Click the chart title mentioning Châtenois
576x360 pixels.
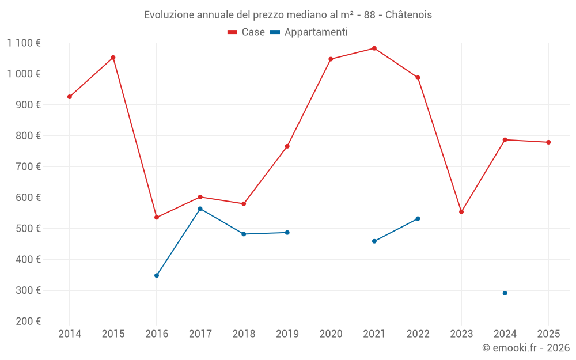287,14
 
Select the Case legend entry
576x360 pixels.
247,32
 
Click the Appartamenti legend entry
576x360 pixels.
309,32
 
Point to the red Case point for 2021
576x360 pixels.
374,48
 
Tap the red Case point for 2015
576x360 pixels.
113,58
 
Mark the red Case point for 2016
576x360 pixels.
157,217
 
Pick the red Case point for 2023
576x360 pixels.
461,212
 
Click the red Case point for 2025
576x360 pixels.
548,142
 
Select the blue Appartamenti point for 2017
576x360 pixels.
200,209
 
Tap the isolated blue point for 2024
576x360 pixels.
505,293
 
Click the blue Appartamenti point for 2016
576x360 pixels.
157,275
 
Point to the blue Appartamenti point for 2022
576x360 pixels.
418,219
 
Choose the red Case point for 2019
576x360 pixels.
287,146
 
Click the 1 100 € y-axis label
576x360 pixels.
24,43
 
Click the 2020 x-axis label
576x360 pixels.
331,334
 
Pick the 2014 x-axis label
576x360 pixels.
70,334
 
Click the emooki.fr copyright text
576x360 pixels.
525,348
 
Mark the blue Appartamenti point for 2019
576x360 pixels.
287,233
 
